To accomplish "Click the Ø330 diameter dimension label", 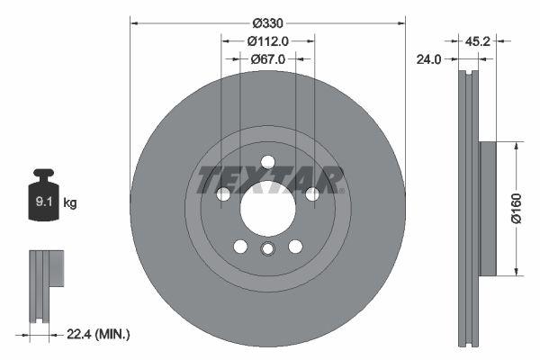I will pos(268,22).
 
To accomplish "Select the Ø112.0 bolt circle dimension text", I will pos(267,40).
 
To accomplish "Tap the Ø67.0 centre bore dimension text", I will pos(267,59).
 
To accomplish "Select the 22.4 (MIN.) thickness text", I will pos(99,335).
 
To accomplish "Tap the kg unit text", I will pos(70,203).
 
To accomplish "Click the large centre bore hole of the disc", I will pos(267,212).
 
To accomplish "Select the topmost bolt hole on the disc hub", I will pos(267,162).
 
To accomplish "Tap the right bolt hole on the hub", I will pos(312,194).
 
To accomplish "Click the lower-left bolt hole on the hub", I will pos(240,247).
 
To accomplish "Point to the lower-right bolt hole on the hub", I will pos(295,247).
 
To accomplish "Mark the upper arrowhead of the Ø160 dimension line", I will pos(515,145).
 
